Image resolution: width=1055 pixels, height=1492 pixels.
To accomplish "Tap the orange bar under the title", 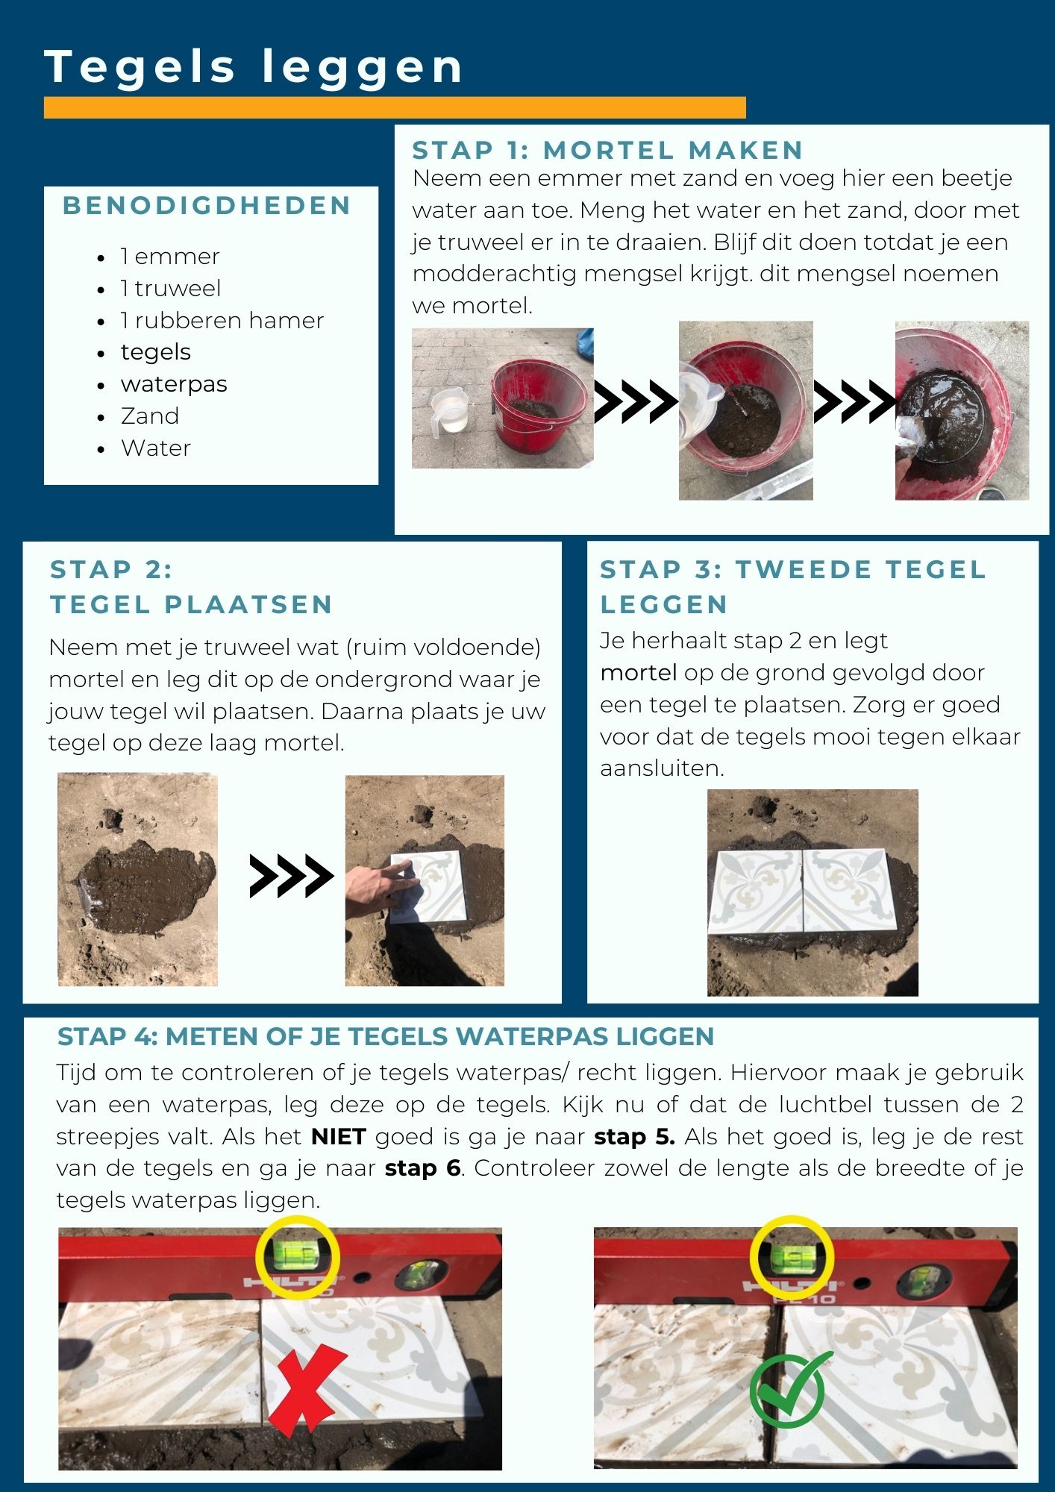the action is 395,107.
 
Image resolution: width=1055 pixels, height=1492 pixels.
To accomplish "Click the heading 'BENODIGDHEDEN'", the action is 207,206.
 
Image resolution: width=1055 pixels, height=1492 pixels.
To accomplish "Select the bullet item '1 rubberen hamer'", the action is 222,320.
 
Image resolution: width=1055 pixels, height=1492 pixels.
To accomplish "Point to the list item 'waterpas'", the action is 174,384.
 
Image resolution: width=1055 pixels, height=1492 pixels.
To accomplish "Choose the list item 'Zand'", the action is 150,416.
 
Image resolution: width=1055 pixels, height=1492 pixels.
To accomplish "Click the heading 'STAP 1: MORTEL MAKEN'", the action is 607,150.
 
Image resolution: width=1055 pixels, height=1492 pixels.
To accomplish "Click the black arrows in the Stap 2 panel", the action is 292,876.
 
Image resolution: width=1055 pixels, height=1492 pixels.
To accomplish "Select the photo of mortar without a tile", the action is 138,880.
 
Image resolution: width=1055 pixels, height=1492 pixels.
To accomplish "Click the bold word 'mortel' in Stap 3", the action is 639,673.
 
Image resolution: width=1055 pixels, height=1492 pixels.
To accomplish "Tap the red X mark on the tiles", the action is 307,1394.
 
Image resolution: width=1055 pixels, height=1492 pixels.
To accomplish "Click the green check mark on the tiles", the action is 790,1389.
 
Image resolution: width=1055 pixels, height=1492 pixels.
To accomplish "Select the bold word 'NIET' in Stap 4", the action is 339,1137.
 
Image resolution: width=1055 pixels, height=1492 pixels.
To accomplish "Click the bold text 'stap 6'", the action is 423,1167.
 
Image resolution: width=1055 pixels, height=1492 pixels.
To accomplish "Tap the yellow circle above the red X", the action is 298,1258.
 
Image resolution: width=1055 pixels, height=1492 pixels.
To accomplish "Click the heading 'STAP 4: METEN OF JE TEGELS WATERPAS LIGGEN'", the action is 386,1036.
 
